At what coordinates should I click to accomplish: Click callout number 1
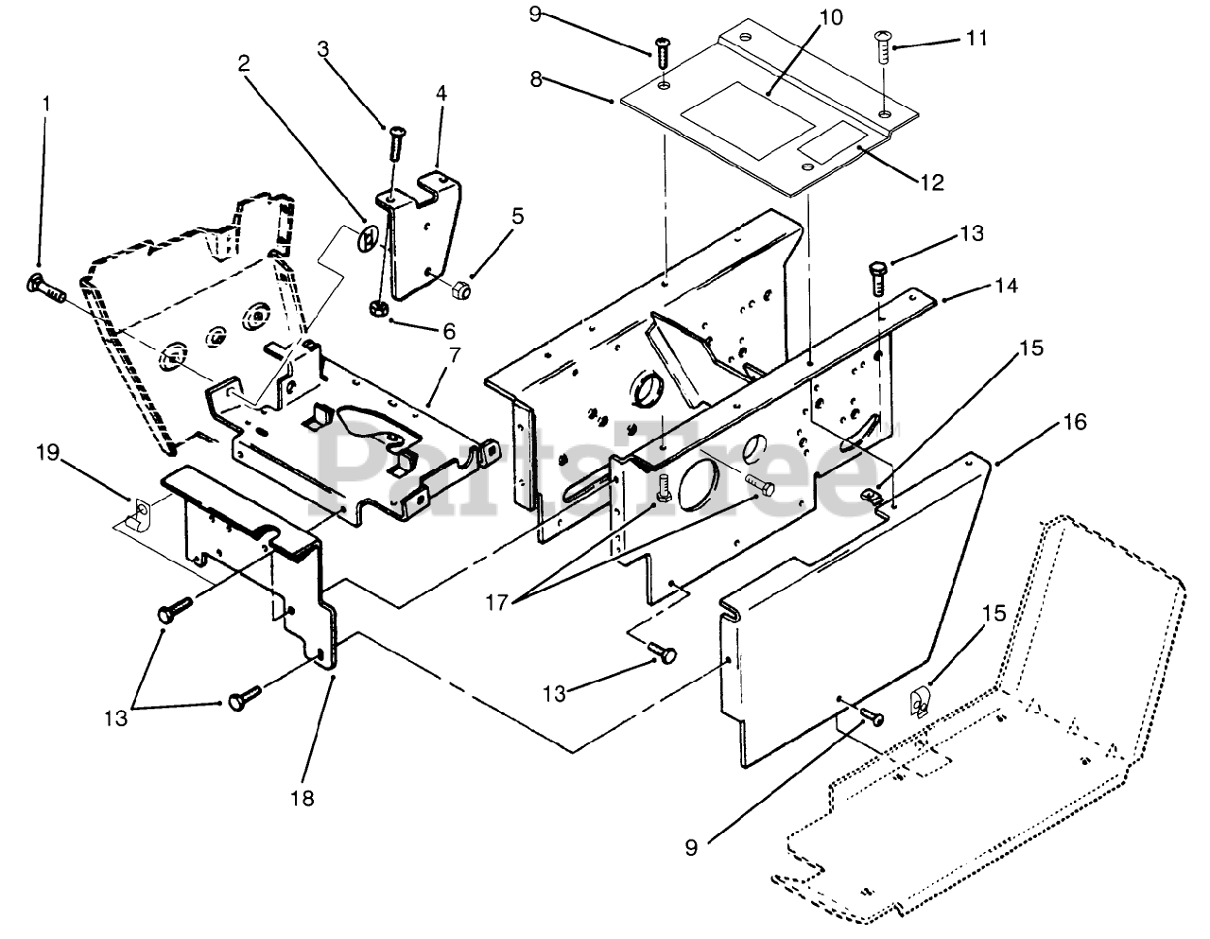(x=46, y=104)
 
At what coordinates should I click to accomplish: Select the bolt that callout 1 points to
(x=45, y=287)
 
